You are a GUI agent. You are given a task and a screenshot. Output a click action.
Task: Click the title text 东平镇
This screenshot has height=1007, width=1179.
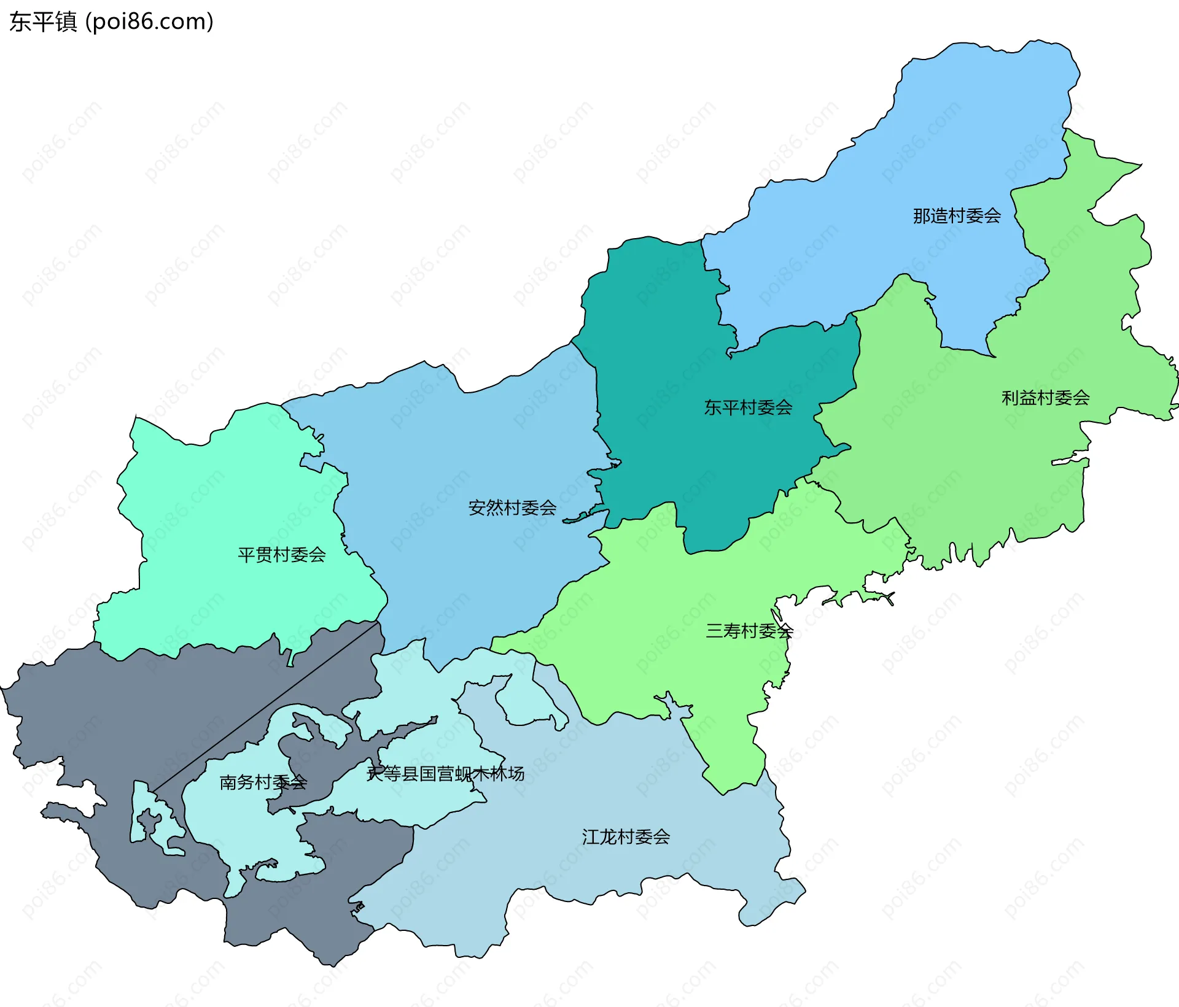(x=43, y=22)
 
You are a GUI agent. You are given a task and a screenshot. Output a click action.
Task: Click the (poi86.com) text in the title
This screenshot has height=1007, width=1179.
(x=149, y=22)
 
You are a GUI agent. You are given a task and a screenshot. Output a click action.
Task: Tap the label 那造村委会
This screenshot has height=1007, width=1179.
(x=957, y=216)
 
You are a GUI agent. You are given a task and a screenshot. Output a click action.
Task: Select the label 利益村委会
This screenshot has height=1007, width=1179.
(x=1045, y=398)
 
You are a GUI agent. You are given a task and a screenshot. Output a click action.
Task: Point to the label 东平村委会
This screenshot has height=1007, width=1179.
(x=748, y=407)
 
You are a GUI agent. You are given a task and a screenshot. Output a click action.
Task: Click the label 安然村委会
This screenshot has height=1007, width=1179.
(x=512, y=508)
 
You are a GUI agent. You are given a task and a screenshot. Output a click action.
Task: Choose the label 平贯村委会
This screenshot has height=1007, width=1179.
(x=281, y=555)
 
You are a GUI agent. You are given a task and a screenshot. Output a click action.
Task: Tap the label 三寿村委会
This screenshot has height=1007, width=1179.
(x=749, y=631)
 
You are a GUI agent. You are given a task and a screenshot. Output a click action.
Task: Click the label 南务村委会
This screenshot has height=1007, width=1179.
(x=263, y=782)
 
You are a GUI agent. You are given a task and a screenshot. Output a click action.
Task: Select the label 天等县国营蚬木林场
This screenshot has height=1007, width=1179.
(x=445, y=774)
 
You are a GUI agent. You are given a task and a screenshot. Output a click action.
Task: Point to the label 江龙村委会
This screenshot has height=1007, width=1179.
(x=626, y=837)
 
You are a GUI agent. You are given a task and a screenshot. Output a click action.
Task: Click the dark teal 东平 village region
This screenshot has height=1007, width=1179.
(x=675, y=344)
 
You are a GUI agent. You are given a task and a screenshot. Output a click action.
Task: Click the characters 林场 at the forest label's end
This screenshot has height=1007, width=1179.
(x=507, y=774)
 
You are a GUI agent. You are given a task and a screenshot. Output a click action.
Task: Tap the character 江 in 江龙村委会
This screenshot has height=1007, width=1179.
(x=590, y=837)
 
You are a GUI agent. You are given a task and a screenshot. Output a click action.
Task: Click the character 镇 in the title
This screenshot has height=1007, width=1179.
(x=66, y=22)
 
